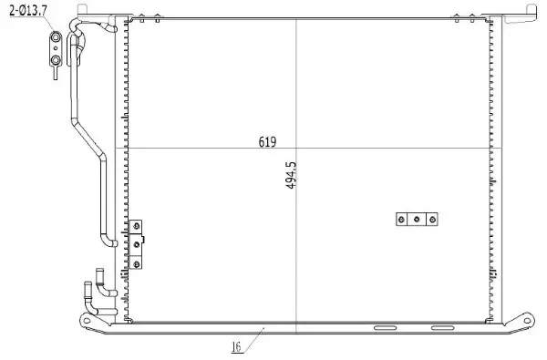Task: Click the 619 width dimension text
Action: point(267,142)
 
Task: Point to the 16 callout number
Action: point(235,346)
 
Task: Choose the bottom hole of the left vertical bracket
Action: point(137,262)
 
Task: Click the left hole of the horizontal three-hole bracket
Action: point(401,219)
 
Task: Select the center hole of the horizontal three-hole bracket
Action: point(417,219)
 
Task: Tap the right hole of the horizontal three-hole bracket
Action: point(432,219)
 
